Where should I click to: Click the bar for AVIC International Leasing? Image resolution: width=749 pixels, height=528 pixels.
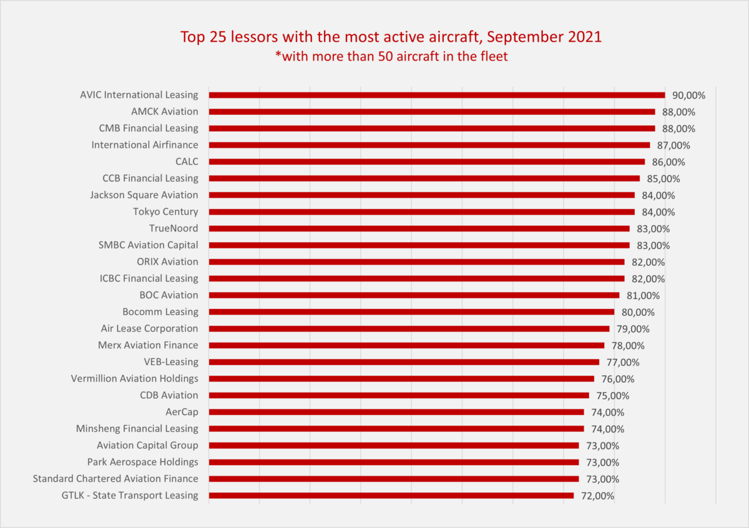tap(436, 95)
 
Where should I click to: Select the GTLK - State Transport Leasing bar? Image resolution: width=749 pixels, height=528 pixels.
tap(391, 496)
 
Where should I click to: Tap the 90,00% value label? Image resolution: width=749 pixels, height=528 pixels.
tap(688, 95)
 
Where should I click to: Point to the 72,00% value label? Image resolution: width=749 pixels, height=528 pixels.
tap(597, 496)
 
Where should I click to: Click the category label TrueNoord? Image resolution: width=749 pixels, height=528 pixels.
tap(174, 228)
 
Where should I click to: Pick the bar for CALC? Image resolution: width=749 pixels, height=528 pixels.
tap(426, 162)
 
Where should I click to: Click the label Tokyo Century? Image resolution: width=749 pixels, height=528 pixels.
tap(165, 212)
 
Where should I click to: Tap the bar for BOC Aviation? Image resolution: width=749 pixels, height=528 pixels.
tap(414, 295)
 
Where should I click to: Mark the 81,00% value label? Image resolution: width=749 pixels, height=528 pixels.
tap(643, 296)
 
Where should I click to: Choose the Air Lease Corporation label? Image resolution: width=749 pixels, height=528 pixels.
tap(149, 328)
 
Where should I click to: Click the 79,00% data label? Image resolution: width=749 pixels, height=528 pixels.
tap(633, 329)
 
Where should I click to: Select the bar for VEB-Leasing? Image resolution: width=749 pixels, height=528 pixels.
tap(404, 362)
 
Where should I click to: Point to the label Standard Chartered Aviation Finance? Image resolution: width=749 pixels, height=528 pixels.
tap(115, 479)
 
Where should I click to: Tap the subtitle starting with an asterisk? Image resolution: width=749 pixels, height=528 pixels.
tap(391, 56)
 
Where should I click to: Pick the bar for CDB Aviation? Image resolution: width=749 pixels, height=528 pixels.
tap(399, 395)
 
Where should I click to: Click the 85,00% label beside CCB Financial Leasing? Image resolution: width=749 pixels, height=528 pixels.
tap(663, 179)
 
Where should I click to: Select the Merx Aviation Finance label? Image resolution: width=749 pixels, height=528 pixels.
tap(148, 345)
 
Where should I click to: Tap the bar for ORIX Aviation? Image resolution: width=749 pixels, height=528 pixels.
tap(416, 262)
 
